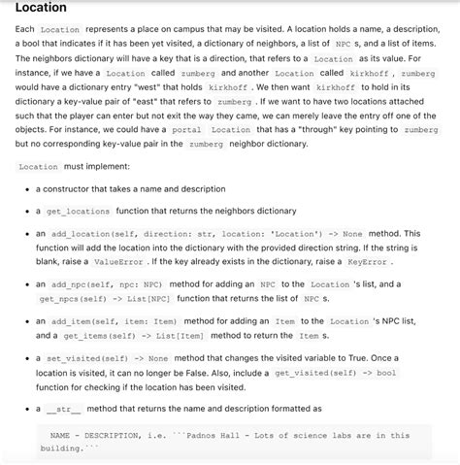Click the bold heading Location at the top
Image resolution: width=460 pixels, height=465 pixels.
click(x=41, y=9)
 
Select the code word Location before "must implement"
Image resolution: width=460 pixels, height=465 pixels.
click(x=40, y=166)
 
